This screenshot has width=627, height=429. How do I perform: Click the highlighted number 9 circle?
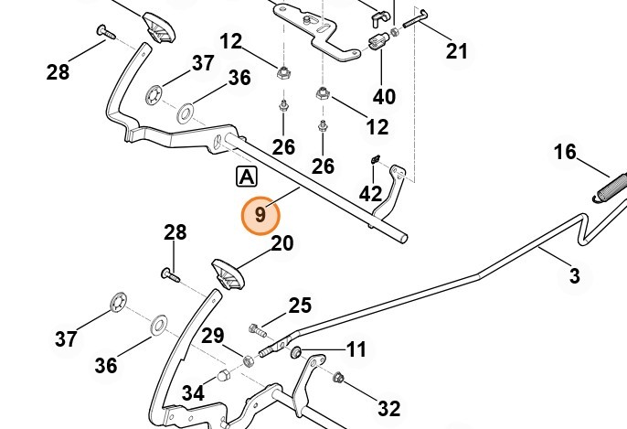click(260, 215)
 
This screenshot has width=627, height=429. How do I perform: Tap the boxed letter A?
click(247, 177)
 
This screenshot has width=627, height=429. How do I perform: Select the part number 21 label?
click(456, 51)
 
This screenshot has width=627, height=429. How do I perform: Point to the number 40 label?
click(384, 96)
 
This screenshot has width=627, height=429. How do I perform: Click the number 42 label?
click(370, 194)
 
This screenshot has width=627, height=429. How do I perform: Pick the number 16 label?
click(565, 152)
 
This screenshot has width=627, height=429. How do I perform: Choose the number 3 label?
click(574, 276)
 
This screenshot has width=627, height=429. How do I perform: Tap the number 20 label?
click(282, 243)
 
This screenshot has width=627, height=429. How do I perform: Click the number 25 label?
click(300, 306)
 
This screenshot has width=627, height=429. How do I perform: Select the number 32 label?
click(389, 409)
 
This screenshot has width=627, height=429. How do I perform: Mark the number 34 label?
click(193, 393)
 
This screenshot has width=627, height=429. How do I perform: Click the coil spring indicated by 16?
click(610, 188)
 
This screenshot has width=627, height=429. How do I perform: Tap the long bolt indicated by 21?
click(415, 19)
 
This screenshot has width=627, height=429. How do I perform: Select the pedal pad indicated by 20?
click(228, 274)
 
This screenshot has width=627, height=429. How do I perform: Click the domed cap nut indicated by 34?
click(223, 376)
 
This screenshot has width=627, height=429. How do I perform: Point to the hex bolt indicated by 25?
click(258, 330)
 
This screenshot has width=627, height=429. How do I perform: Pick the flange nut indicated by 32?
click(338, 377)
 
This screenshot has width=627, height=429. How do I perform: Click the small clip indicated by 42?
click(375, 160)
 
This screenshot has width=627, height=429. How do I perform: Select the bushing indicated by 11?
click(296, 353)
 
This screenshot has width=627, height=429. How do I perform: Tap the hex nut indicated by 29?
click(249, 360)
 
